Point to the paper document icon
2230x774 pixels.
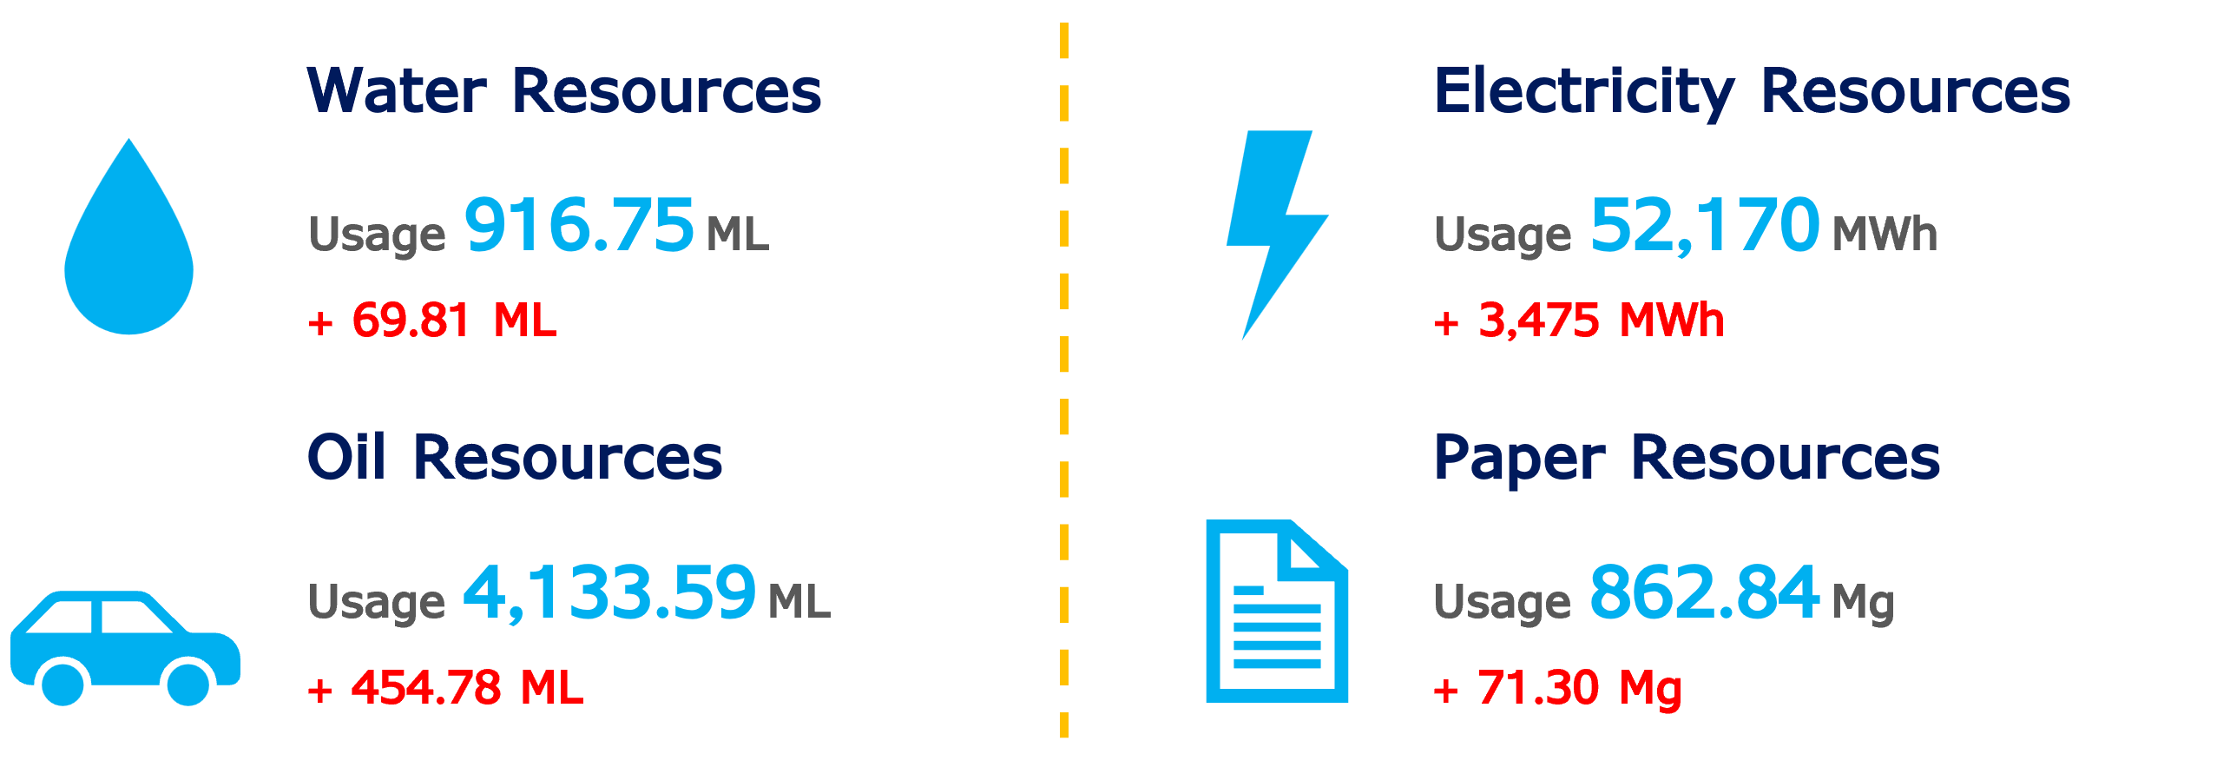1276,612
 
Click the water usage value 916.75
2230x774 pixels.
579,225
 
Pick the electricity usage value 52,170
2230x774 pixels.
1705,225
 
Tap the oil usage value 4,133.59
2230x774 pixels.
608,592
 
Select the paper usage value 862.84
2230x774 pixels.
1704,592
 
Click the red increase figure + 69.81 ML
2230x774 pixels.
432,321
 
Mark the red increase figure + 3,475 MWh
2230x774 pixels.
1579,321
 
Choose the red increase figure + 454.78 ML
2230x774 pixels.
445,688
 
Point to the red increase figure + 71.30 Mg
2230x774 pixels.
1558,689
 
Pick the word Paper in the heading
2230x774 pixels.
1519,459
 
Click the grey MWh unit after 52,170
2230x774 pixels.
1885,234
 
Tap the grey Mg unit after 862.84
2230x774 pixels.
1863,603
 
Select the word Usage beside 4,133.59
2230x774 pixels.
377,602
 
